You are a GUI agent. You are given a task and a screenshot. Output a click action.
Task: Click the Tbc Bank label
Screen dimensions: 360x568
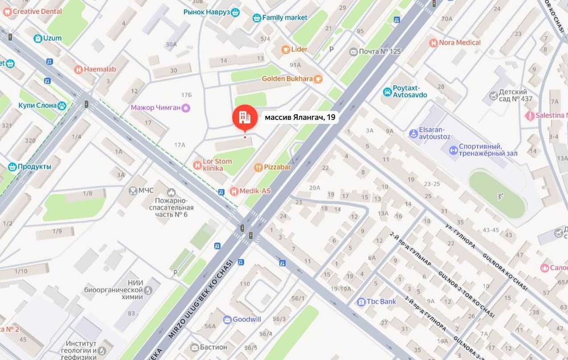tap(381, 302)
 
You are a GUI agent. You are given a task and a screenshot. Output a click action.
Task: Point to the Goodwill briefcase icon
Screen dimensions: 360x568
tap(227, 319)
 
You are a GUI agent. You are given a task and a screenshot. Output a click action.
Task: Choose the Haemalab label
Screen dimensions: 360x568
tap(99, 69)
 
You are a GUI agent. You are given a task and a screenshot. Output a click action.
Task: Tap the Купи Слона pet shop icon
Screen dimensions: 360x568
tap(61, 106)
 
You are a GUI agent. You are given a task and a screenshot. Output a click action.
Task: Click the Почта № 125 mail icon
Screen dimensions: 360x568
tap(353, 52)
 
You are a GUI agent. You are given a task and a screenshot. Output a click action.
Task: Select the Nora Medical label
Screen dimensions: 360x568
tap(460, 43)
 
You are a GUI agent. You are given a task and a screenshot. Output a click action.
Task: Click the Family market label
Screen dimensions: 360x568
tap(285, 18)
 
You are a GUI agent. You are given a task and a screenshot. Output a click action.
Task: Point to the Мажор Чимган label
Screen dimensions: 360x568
tap(156, 107)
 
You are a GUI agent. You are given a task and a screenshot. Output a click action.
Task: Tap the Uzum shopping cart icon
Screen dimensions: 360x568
tap(37, 39)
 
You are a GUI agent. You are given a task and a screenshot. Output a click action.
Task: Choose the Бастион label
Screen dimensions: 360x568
tap(214, 347)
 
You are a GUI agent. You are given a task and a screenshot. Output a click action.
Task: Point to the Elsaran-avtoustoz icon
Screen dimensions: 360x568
tap(414, 133)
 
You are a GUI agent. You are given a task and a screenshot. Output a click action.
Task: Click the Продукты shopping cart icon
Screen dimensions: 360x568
tap(12, 166)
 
